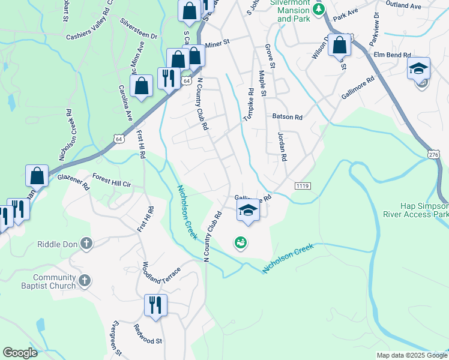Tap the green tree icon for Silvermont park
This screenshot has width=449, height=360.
[x=320, y=8]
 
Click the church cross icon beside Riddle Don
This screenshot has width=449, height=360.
[x=86, y=243]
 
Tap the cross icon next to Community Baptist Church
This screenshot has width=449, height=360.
[x=85, y=280]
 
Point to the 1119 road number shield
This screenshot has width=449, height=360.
[x=303, y=187]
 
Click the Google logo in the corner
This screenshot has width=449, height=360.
[x=20, y=353]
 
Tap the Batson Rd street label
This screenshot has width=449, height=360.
[x=287, y=118]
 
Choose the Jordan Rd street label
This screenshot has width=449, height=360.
[x=281, y=146]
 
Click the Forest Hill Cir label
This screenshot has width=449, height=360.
[x=111, y=181]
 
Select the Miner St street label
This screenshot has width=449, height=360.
[x=217, y=44]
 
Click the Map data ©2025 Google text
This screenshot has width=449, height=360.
[x=411, y=355]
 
